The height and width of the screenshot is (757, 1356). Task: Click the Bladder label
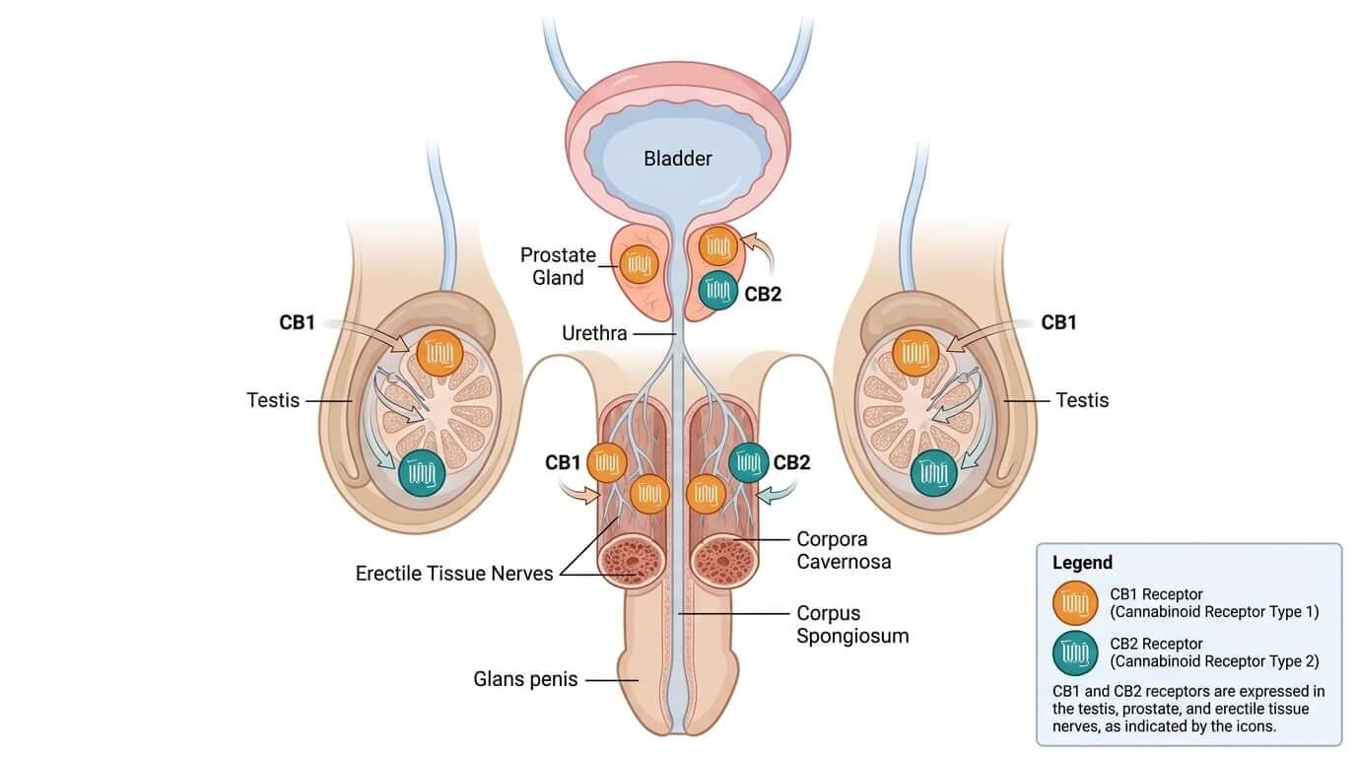tap(677, 159)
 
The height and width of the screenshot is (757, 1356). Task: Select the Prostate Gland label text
tap(558, 266)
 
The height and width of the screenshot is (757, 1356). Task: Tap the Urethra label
tap(594, 333)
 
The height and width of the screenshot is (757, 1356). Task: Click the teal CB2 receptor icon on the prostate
tap(718, 290)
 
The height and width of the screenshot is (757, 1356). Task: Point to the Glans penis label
tap(525, 679)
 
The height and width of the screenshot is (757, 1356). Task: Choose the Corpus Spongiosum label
tap(852, 624)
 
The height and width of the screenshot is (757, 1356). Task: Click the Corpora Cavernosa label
tap(844, 550)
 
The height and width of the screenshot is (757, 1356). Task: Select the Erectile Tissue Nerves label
tap(454, 574)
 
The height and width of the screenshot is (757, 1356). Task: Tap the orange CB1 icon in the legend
tap(1075, 603)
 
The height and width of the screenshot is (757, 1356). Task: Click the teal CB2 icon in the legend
tap(1075, 653)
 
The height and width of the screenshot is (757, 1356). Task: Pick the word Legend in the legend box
tap(1082, 563)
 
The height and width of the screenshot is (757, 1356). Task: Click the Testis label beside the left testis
tap(273, 400)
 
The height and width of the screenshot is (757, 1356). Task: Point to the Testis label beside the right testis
tap(1082, 400)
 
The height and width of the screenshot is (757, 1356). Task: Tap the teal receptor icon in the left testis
tap(422, 473)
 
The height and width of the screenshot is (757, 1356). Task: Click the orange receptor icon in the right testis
tap(915, 353)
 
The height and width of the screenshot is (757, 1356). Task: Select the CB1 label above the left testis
tap(298, 322)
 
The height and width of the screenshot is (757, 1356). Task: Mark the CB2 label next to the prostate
tap(763, 295)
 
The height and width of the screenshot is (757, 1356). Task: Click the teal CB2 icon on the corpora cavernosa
tap(749, 463)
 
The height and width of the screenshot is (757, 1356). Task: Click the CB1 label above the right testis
tap(1058, 322)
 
